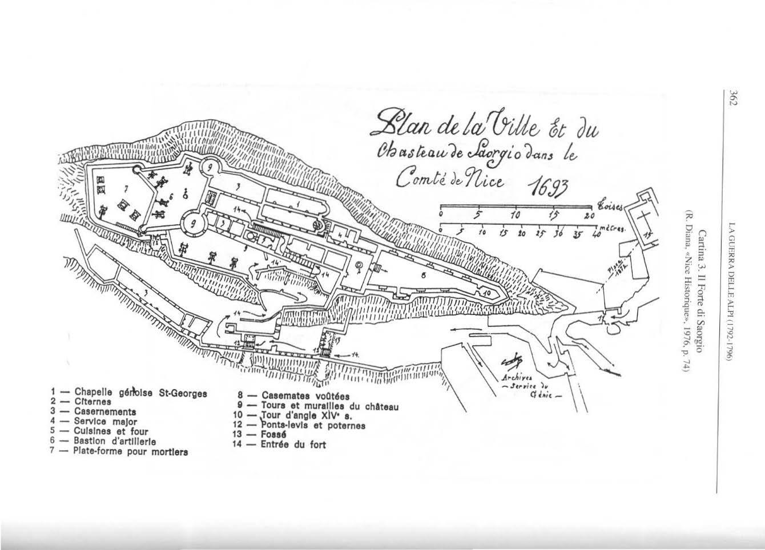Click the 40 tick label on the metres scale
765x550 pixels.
tap(597, 233)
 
